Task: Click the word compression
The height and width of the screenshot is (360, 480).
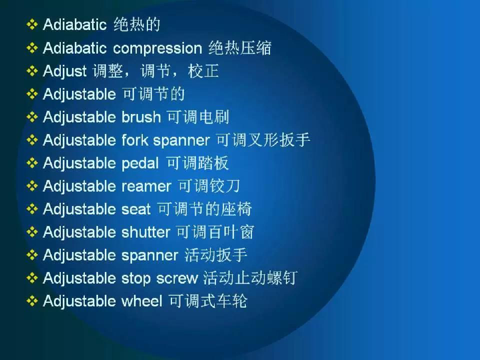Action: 158,48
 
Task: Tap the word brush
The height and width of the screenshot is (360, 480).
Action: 141,117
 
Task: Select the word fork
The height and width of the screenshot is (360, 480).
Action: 135,140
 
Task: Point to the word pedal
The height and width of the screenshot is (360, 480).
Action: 140,164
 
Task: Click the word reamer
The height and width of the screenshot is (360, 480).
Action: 146,186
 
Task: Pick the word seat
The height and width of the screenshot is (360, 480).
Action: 136,209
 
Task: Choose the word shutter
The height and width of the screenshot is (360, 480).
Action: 146,232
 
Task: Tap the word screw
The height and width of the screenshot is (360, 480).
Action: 177,278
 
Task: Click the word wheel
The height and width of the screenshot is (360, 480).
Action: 142,301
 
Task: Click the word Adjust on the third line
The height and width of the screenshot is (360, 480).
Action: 65,71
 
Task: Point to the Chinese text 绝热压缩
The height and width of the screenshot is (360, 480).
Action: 240,48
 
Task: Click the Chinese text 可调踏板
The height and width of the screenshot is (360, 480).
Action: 197,163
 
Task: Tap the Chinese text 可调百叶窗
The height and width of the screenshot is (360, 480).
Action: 215,232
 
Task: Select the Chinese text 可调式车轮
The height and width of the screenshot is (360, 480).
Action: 208,301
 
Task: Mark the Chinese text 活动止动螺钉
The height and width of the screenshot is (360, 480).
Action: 250,278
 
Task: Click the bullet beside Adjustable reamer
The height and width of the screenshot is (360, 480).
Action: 32,186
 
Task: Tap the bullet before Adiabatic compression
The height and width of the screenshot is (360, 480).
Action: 32,48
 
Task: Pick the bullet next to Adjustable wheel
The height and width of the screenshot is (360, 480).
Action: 32,301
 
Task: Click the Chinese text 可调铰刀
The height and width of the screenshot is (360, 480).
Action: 209,186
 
